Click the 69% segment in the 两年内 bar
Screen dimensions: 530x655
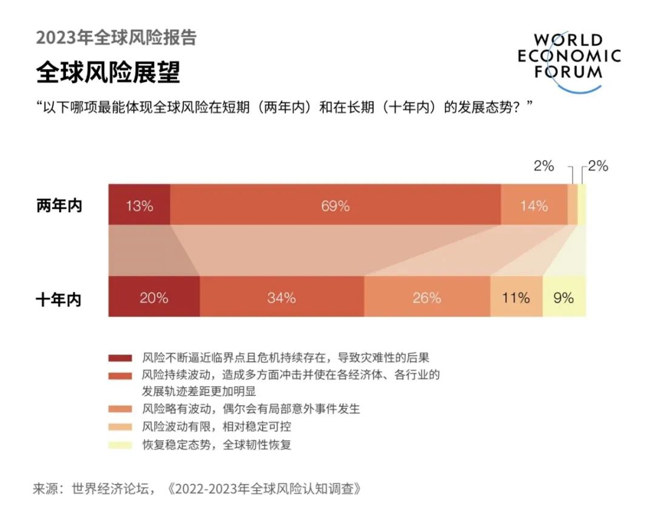pyautogui.click(x=335, y=206)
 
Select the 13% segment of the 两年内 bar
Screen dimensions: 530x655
pyautogui.click(x=139, y=206)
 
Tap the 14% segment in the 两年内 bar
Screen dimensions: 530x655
pyautogui.click(x=534, y=206)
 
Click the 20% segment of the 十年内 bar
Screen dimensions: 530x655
pyautogui.click(x=153, y=297)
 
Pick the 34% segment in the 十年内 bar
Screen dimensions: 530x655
pyautogui.click(x=281, y=297)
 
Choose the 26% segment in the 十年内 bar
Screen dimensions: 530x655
pyautogui.click(x=427, y=297)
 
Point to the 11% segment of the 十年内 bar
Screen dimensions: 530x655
pyautogui.click(x=516, y=297)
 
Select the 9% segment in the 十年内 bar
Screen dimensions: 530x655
pyautogui.click(x=564, y=297)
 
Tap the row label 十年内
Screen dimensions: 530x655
pyautogui.click(x=59, y=299)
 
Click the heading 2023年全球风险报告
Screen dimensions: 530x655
pyautogui.click(x=116, y=38)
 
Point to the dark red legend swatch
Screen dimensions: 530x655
pyautogui.click(x=119, y=358)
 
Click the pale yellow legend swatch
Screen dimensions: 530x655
pyautogui.click(x=119, y=445)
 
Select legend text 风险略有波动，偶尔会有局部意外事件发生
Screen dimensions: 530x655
pyautogui.click(x=250, y=409)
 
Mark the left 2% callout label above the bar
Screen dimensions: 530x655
pyautogui.click(x=543, y=166)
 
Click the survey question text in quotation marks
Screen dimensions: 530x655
pyautogui.click(x=284, y=108)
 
